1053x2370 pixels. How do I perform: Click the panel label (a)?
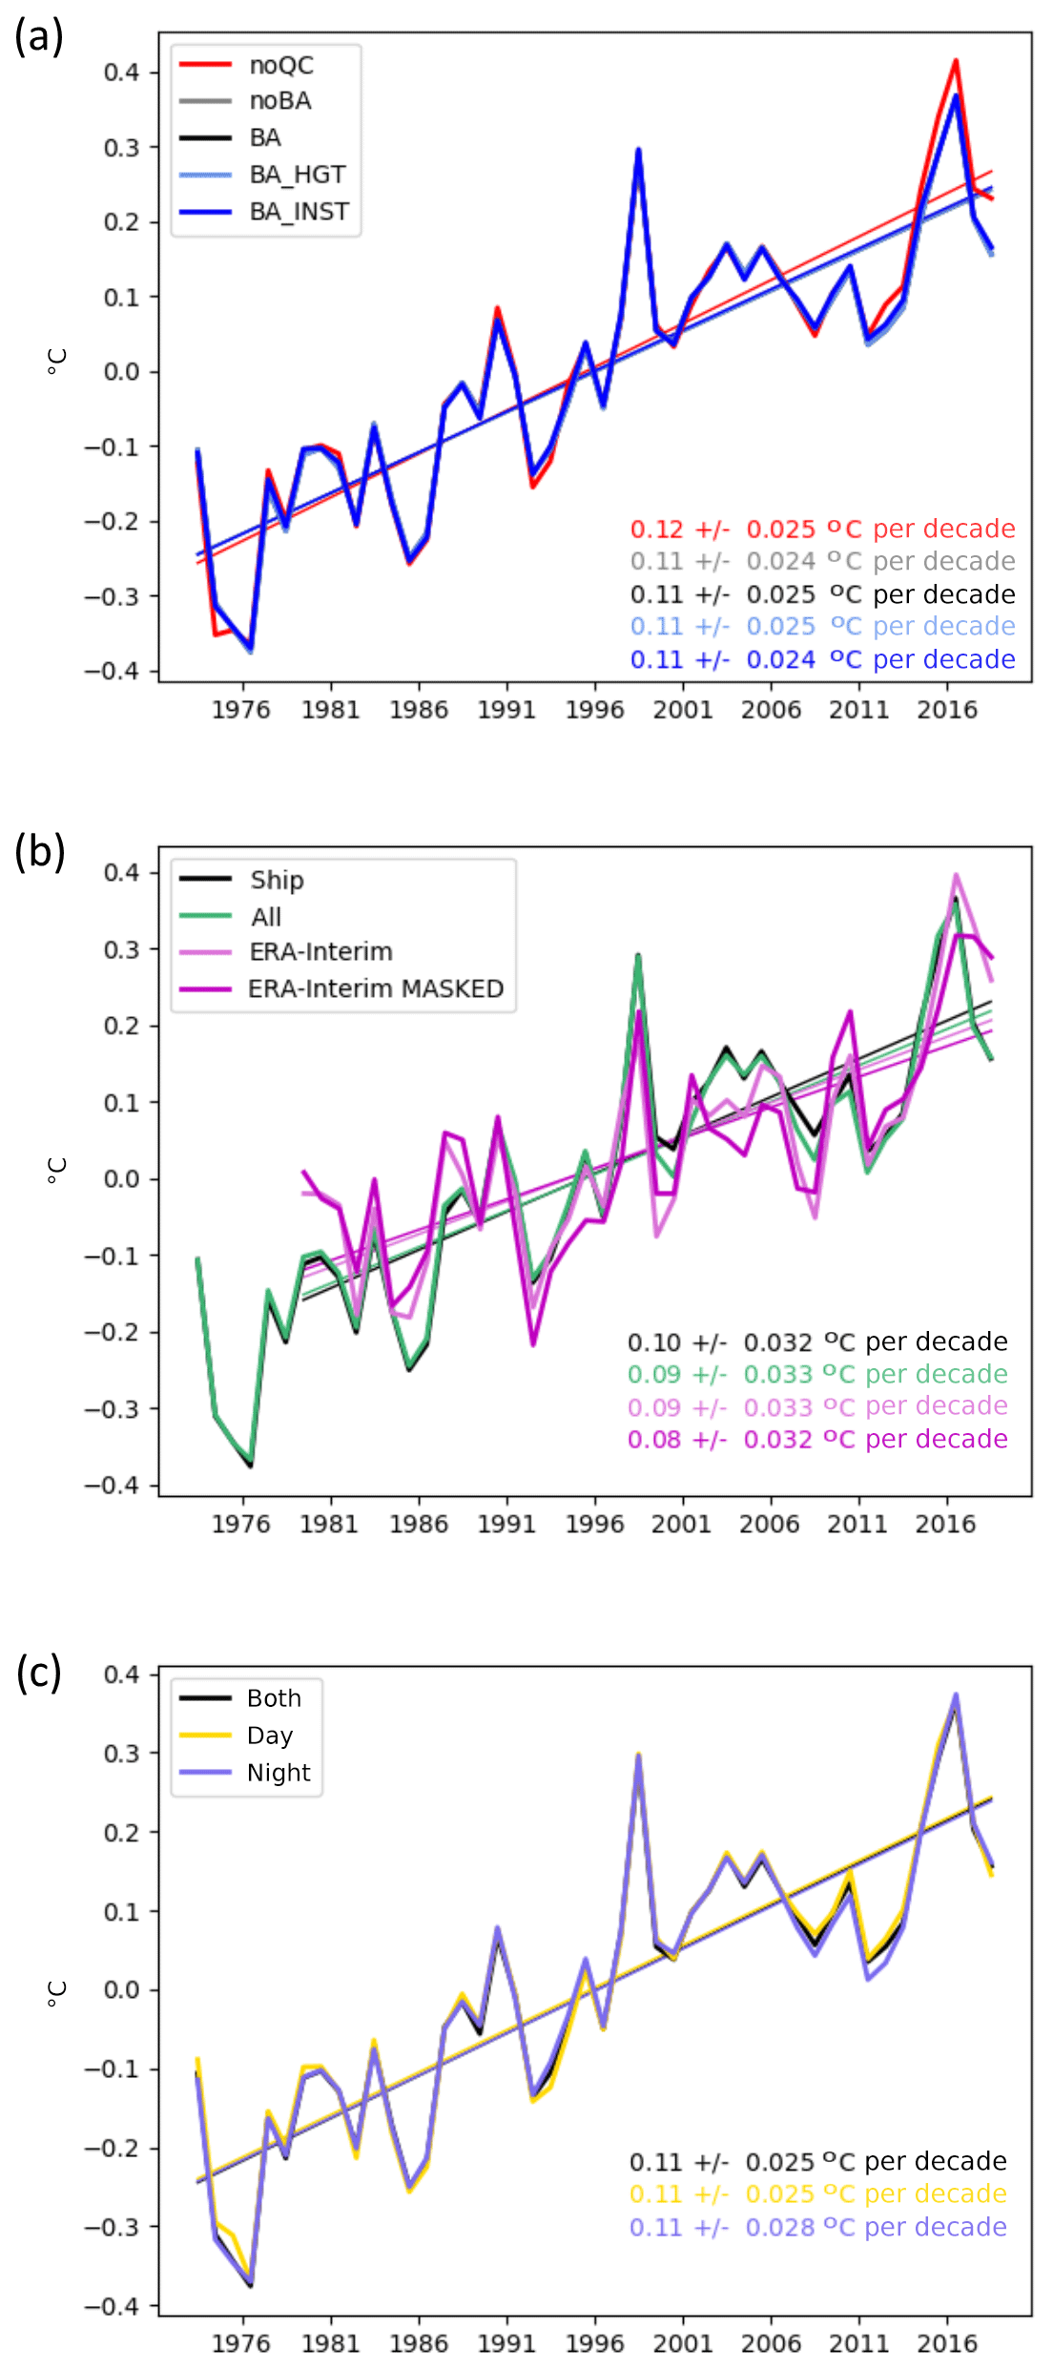coord(39,36)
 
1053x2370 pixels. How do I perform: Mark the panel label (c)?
coord(39,1672)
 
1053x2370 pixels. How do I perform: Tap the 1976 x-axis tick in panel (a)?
coord(240,710)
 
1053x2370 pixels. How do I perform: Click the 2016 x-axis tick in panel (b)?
coord(945,1524)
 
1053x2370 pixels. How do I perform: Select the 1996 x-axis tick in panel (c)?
coord(594,2343)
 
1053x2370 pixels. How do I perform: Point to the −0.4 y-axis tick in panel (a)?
coord(112,671)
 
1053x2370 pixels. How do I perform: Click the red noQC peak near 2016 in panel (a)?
coord(956,61)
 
